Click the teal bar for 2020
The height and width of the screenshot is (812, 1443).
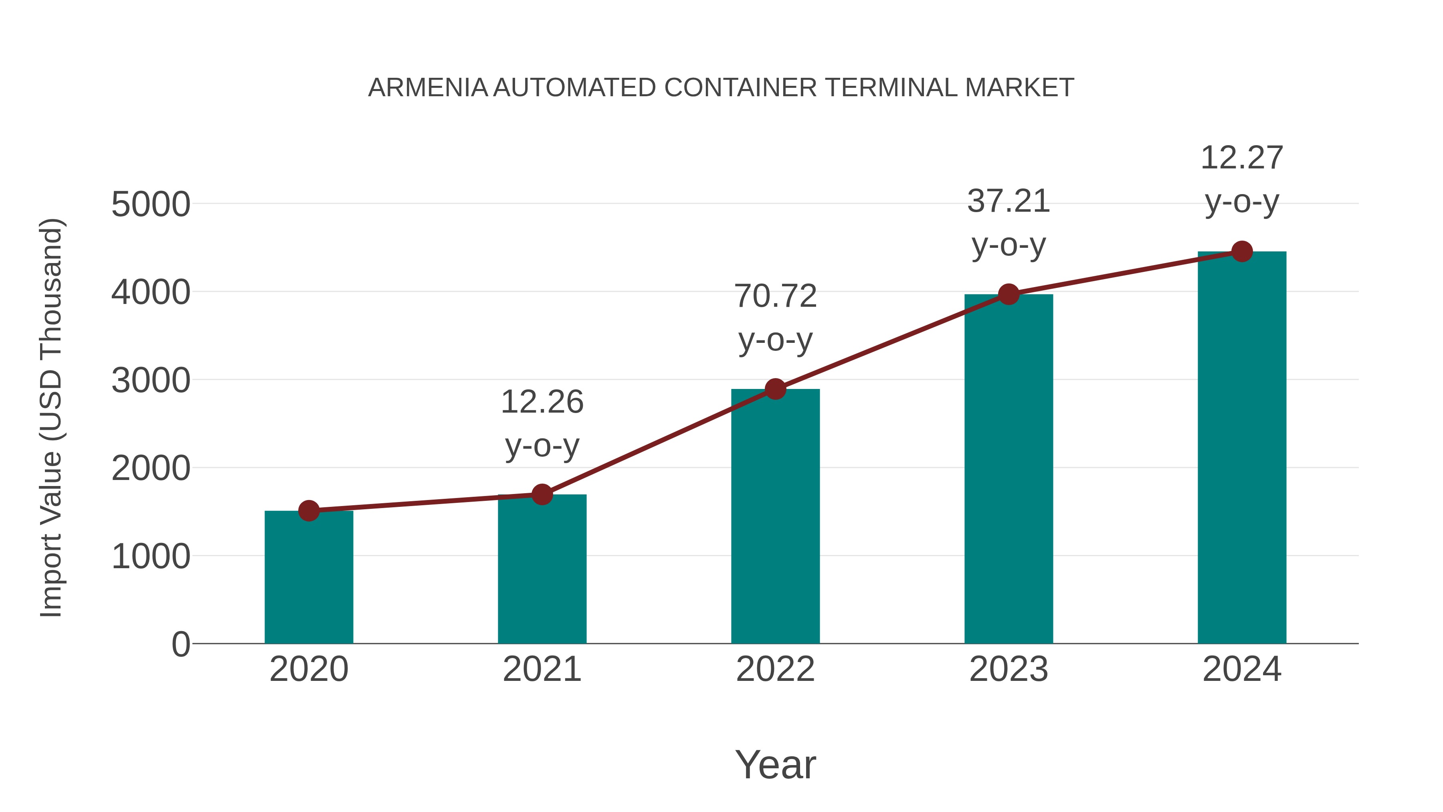[x=309, y=577]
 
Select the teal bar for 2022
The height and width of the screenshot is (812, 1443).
[x=775, y=516]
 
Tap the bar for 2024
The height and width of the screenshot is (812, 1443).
[x=1242, y=448]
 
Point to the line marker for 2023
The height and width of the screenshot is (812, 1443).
[x=1009, y=294]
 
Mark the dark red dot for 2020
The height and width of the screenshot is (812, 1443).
[x=309, y=510]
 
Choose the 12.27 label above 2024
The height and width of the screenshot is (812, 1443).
[x=1242, y=158]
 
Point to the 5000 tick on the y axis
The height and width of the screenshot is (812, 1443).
[x=151, y=205]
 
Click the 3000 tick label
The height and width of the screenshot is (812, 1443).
[x=151, y=381]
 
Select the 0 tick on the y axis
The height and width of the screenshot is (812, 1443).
[x=181, y=644]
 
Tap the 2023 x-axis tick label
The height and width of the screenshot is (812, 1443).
[x=1009, y=669]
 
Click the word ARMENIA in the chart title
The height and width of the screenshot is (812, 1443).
[x=428, y=88]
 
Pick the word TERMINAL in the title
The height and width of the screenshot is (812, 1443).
[x=890, y=88]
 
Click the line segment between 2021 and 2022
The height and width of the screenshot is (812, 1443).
[x=659, y=441]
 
